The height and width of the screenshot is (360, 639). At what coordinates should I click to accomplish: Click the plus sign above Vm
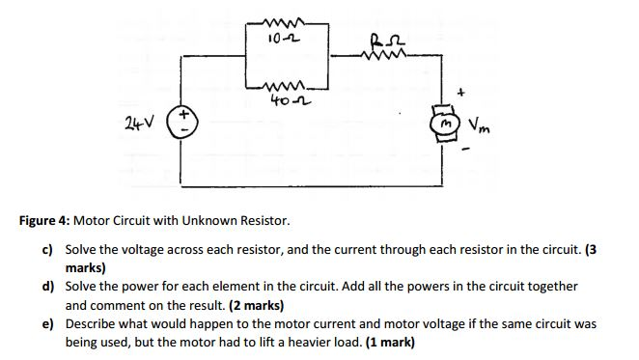(x=460, y=94)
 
